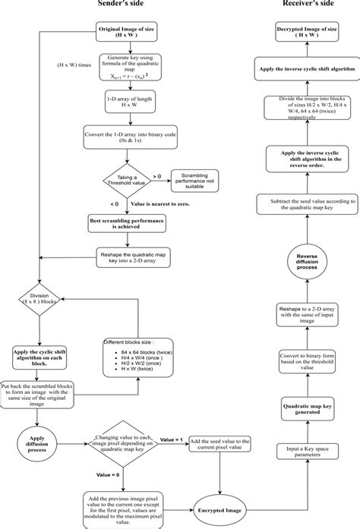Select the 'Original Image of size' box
coord(126,33)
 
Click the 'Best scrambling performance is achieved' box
coord(126,222)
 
